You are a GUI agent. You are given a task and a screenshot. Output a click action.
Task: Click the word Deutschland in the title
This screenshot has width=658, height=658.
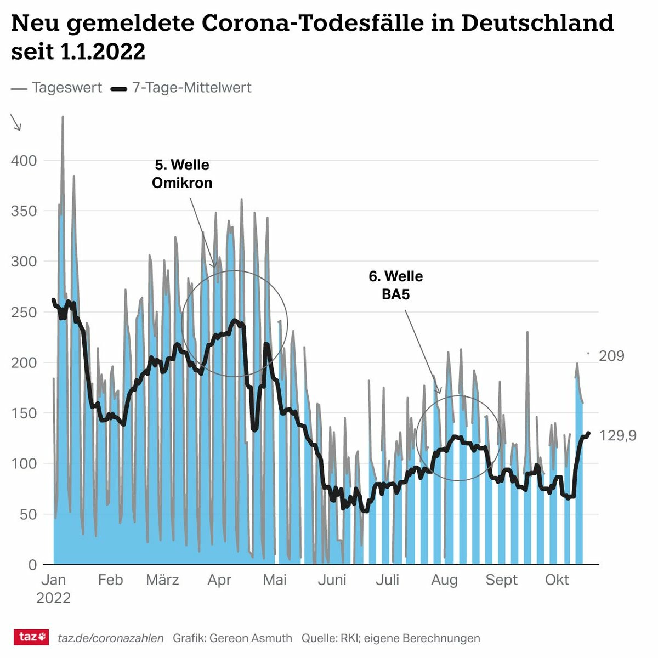[537, 23]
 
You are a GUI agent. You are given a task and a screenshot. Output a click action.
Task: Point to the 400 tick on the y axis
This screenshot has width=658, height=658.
[24, 161]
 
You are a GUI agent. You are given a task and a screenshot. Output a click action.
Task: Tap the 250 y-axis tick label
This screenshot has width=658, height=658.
[24, 313]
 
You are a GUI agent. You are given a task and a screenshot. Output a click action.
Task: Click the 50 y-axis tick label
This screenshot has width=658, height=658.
[27, 514]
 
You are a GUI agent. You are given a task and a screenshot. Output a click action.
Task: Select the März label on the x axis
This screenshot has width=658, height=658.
[162, 580]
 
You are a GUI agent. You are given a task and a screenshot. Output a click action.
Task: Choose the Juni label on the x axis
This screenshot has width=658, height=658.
[332, 580]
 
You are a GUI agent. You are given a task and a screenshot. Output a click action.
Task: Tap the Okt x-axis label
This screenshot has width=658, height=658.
[557, 580]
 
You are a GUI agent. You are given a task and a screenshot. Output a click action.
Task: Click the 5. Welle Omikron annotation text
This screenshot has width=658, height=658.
[182, 174]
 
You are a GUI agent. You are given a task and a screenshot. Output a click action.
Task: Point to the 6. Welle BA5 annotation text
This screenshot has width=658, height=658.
[395, 285]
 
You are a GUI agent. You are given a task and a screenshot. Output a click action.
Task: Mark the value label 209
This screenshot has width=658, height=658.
[611, 356]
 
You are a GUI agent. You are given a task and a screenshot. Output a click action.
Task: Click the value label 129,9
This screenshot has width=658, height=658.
[617, 436]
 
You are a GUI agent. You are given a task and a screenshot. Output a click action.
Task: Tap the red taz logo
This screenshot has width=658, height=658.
[31, 637]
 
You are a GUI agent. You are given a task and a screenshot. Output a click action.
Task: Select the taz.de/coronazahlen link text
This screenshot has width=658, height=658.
[110, 638]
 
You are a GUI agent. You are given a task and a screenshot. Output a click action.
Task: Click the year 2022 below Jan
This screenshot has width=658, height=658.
[53, 598]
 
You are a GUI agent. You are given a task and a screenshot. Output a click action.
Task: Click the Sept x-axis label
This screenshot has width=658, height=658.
[501, 580]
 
